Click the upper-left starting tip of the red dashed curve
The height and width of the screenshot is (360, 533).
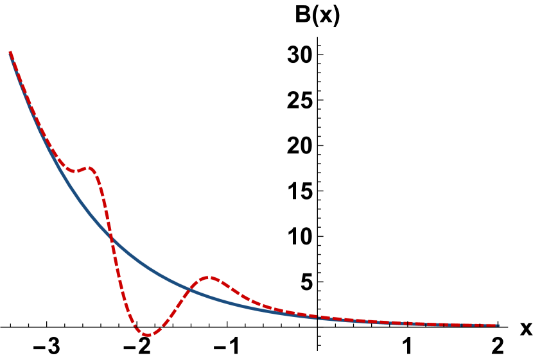(10, 53)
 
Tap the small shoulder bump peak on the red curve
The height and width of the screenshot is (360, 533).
(89, 168)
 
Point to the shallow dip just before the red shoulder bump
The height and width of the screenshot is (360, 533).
(74, 171)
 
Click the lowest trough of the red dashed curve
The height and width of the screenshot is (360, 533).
(147, 334)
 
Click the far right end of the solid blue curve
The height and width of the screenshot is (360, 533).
(498, 325)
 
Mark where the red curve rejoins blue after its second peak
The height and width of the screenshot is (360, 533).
(315, 316)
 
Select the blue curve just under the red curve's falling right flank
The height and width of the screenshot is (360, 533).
(244, 306)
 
